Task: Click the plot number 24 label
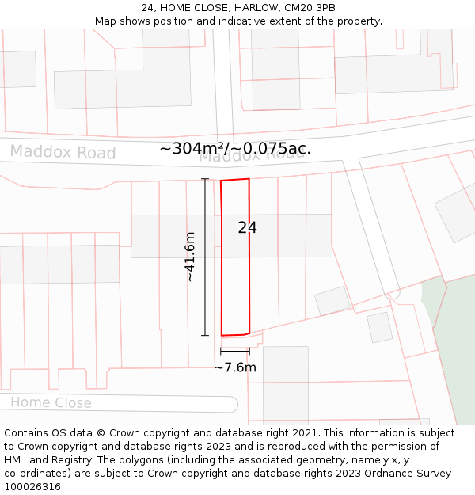(x=247, y=228)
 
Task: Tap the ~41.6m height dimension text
(x=190, y=257)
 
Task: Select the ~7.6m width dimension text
(x=235, y=367)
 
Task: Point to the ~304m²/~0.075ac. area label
(x=235, y=148)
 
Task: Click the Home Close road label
(x=51, y=402)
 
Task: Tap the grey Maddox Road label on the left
(x=63, y=152)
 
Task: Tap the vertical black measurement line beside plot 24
(x=205, y=257)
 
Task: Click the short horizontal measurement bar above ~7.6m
(x=235, y=351)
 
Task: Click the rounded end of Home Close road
(x=232, y=404)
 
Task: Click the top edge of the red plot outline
(x=235, y=180)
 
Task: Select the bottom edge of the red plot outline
(x=235, y=334)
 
